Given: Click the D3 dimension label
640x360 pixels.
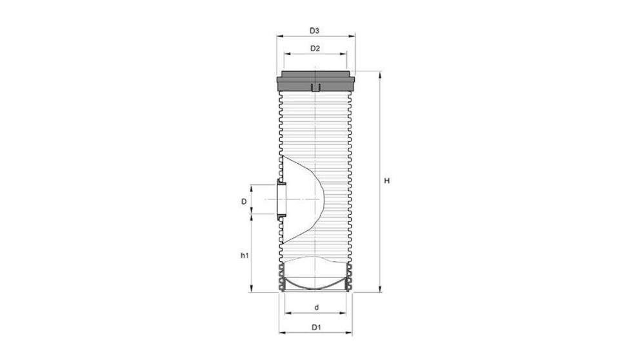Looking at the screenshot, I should [x=314, y=30].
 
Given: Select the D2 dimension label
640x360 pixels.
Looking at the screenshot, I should [x=315, y=48].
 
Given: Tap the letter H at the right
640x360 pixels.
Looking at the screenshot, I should [x=386, y=181].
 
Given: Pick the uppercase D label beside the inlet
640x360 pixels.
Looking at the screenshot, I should [x=245, y=201].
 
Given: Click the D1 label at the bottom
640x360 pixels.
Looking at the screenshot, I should [x=316, y=328].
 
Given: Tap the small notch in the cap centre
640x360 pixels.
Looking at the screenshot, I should [x=315, y=87].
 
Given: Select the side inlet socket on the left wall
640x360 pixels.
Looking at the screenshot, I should [x=281, y=201].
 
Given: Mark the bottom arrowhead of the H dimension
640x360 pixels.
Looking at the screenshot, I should [x=379, y=290].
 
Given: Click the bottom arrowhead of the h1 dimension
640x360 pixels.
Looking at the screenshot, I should [x=250, y=290].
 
